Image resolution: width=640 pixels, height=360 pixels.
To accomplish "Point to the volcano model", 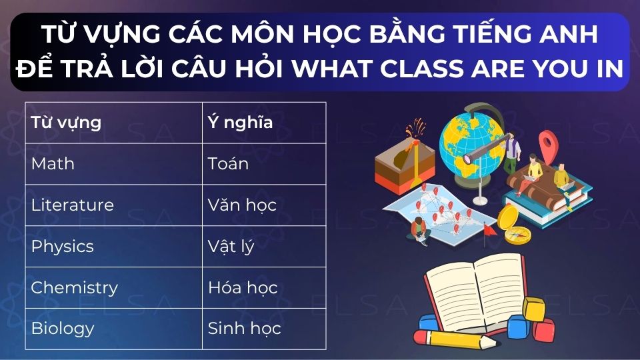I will [404, 163].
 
